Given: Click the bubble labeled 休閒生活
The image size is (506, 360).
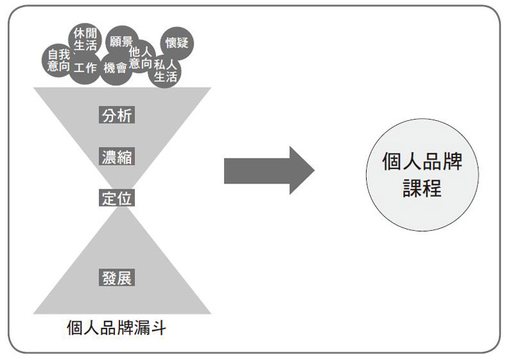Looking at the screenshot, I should (x=86, y=38).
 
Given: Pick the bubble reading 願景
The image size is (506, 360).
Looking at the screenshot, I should (x=121, y=42).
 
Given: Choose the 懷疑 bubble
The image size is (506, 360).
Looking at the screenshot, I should (x=177, y=43).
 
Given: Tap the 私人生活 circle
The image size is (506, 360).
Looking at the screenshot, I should (x=165, y=71).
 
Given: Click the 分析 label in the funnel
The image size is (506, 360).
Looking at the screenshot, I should (x=117, y=116).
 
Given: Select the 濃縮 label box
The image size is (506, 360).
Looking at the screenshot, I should (x=117, y=157).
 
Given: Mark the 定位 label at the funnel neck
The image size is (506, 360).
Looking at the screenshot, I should (x=117, y=198).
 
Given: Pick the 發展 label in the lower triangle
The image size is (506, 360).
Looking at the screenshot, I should (x=117, y=278).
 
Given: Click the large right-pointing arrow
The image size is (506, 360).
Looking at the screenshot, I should (x=268, y=170).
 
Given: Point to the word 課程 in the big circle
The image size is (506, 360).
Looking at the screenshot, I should (x=422, y=188).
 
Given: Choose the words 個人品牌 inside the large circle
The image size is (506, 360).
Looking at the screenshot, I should (x=422, y=160).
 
